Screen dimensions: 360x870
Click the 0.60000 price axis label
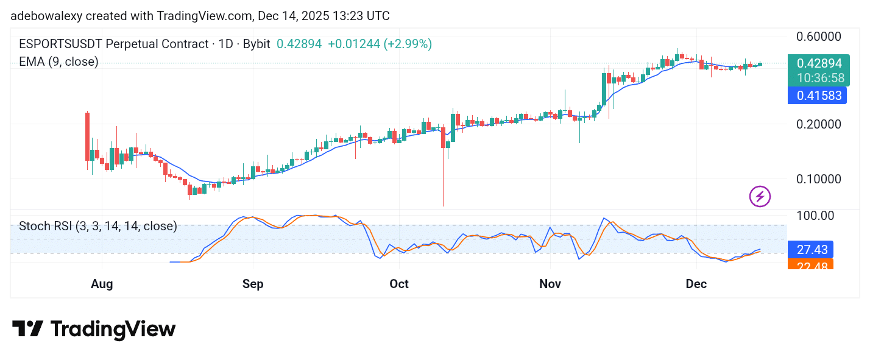pos(819,36)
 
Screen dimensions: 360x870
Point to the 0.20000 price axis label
pos(819,124)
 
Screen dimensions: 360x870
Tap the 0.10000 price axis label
pos(819,179)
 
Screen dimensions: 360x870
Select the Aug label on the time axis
pos(101,284)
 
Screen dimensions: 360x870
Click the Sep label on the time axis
pos(252,284)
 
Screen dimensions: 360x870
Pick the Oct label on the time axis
pos(399,284)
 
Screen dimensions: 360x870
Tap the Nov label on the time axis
pos(550,284)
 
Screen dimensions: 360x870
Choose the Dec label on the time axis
pos(696,284)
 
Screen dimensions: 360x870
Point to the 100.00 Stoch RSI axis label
pos(815,216)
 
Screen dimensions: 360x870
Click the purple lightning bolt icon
pos(760,196)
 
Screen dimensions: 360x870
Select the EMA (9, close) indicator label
pos(58,62)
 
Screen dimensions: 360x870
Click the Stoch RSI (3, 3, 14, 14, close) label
pos(98,227)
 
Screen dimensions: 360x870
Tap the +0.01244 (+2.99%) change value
pos(380,44)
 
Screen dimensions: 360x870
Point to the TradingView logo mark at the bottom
pos(27,329)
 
